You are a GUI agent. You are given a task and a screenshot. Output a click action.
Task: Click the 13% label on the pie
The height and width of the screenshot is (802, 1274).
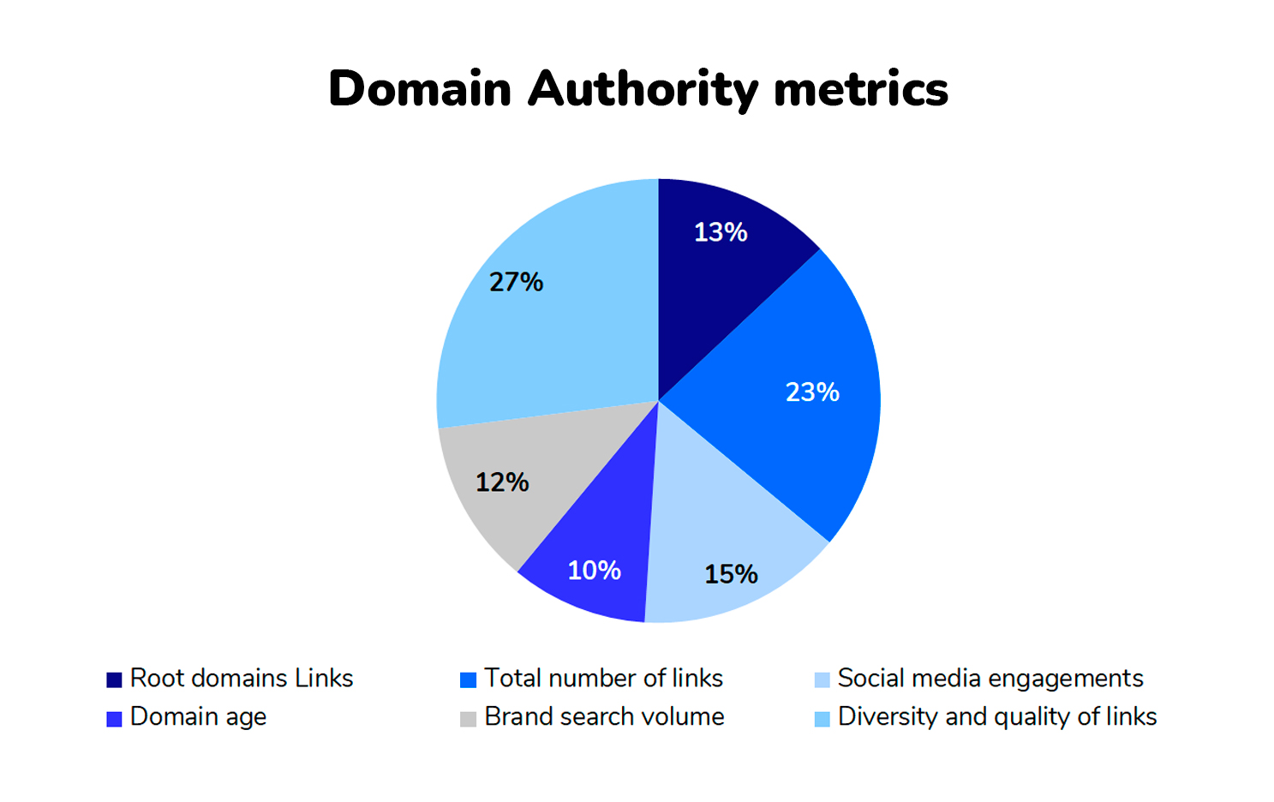point(720,232)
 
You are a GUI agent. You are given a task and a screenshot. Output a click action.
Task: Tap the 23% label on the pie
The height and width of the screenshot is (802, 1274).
point(812,392)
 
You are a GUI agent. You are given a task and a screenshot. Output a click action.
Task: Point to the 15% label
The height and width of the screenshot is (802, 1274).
point(731,574)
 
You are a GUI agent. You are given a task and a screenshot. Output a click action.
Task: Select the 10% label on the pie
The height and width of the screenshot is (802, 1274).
point(594,571)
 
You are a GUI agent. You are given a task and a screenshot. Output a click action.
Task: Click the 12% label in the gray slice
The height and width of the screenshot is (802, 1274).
point(502,482)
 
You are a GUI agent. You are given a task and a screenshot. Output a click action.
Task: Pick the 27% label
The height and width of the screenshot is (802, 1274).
point(516,282)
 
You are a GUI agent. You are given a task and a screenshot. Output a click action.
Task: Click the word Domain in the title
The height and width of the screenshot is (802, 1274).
point(420,89)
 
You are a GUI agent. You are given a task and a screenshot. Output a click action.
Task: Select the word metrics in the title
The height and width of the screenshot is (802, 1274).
point(860,89)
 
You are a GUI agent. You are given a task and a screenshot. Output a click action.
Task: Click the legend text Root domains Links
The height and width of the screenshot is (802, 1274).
point(242,679)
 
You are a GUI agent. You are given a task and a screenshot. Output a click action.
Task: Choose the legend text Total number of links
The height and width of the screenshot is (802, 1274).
point(603,679)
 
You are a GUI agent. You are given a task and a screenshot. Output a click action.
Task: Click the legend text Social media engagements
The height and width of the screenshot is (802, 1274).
point(990,679)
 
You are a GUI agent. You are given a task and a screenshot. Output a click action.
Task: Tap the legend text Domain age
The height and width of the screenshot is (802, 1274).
point(198,717)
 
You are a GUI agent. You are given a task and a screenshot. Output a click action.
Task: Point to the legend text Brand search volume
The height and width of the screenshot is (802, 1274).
point(604,717)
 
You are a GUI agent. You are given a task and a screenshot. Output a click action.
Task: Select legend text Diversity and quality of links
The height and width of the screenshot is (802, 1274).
point(997,717)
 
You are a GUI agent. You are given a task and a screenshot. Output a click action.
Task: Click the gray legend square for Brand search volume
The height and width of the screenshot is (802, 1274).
point(468,719)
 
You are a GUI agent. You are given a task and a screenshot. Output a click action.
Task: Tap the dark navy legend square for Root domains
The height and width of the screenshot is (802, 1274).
point(114,680)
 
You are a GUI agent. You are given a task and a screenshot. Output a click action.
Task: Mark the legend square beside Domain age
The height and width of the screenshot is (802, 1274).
point(114,719)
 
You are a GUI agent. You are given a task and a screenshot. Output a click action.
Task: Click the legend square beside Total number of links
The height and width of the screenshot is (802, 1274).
point(468,680)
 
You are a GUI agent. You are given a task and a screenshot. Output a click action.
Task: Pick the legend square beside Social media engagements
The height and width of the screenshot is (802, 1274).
point(822,680)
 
